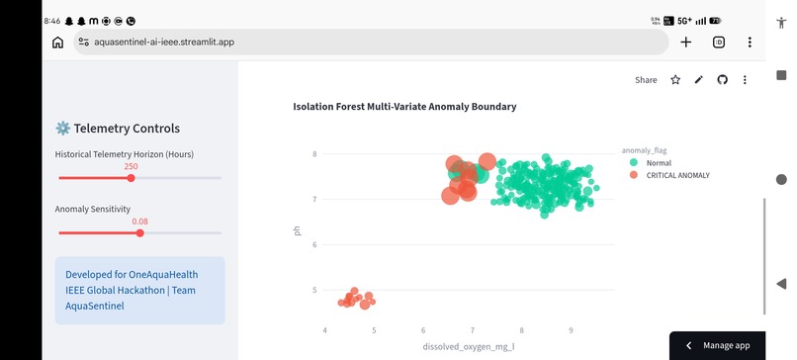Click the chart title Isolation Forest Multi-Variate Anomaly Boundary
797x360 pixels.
click(x=404, y=107)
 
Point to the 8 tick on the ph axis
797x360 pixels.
click(x=315, y=153)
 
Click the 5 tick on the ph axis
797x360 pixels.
click(x=315, y=291)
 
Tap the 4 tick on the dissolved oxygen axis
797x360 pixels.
click(x=324, y=330)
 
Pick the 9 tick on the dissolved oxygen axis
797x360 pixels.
click(x=571, y=330)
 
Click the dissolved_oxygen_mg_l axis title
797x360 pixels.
click(x=469, y=347)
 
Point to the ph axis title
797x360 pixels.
click(x=298, y=230)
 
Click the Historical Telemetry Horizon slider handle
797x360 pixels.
click(x=132, y=178)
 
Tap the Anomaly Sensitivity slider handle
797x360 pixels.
click(x=140, y=232)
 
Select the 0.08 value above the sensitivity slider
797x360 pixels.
click(x=139, y=222)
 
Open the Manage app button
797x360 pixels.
click(x=718, y=346)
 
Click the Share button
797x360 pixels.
click(x=646, y=80)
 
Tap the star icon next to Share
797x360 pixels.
click(x=675, y=80)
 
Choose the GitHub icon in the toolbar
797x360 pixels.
click(x=722, y=80)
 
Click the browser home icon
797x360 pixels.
click(x=58, y=43)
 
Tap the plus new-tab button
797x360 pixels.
click(x=685, y=43)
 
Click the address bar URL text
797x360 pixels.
click(x=164, y=43)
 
